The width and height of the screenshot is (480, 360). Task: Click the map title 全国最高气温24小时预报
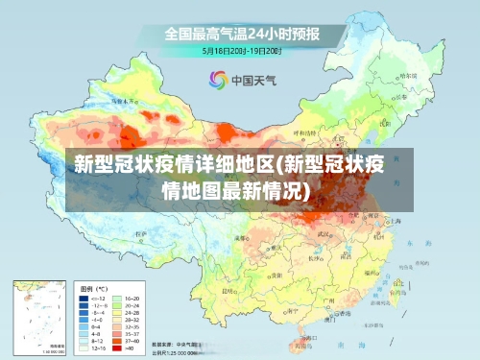(x=241, y=34)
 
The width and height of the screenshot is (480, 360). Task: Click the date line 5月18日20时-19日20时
(x=241, y=50)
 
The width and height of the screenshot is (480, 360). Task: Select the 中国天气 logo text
(x=252, y=81)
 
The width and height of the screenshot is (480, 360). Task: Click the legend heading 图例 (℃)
(x=93, y=288)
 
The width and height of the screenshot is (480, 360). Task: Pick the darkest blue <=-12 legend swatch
(x=84, y=300)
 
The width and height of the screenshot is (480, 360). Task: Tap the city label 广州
(x=329, y=300)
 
